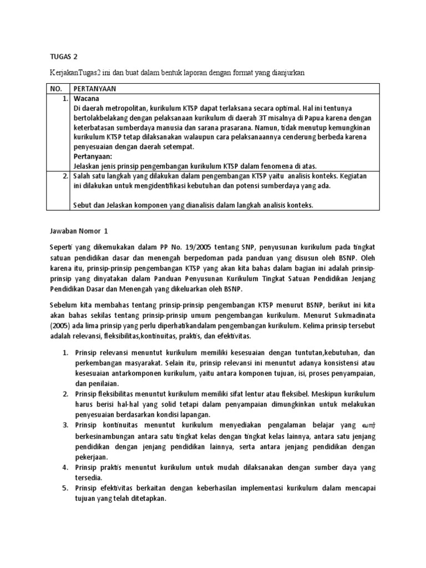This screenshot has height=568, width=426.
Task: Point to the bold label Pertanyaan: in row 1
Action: [x=93, y=157]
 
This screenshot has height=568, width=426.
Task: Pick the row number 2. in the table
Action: [x=64, y=176]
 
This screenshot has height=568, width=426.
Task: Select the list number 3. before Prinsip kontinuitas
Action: [x=64, y=424]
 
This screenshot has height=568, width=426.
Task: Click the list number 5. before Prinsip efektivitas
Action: [x=64, y=488]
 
